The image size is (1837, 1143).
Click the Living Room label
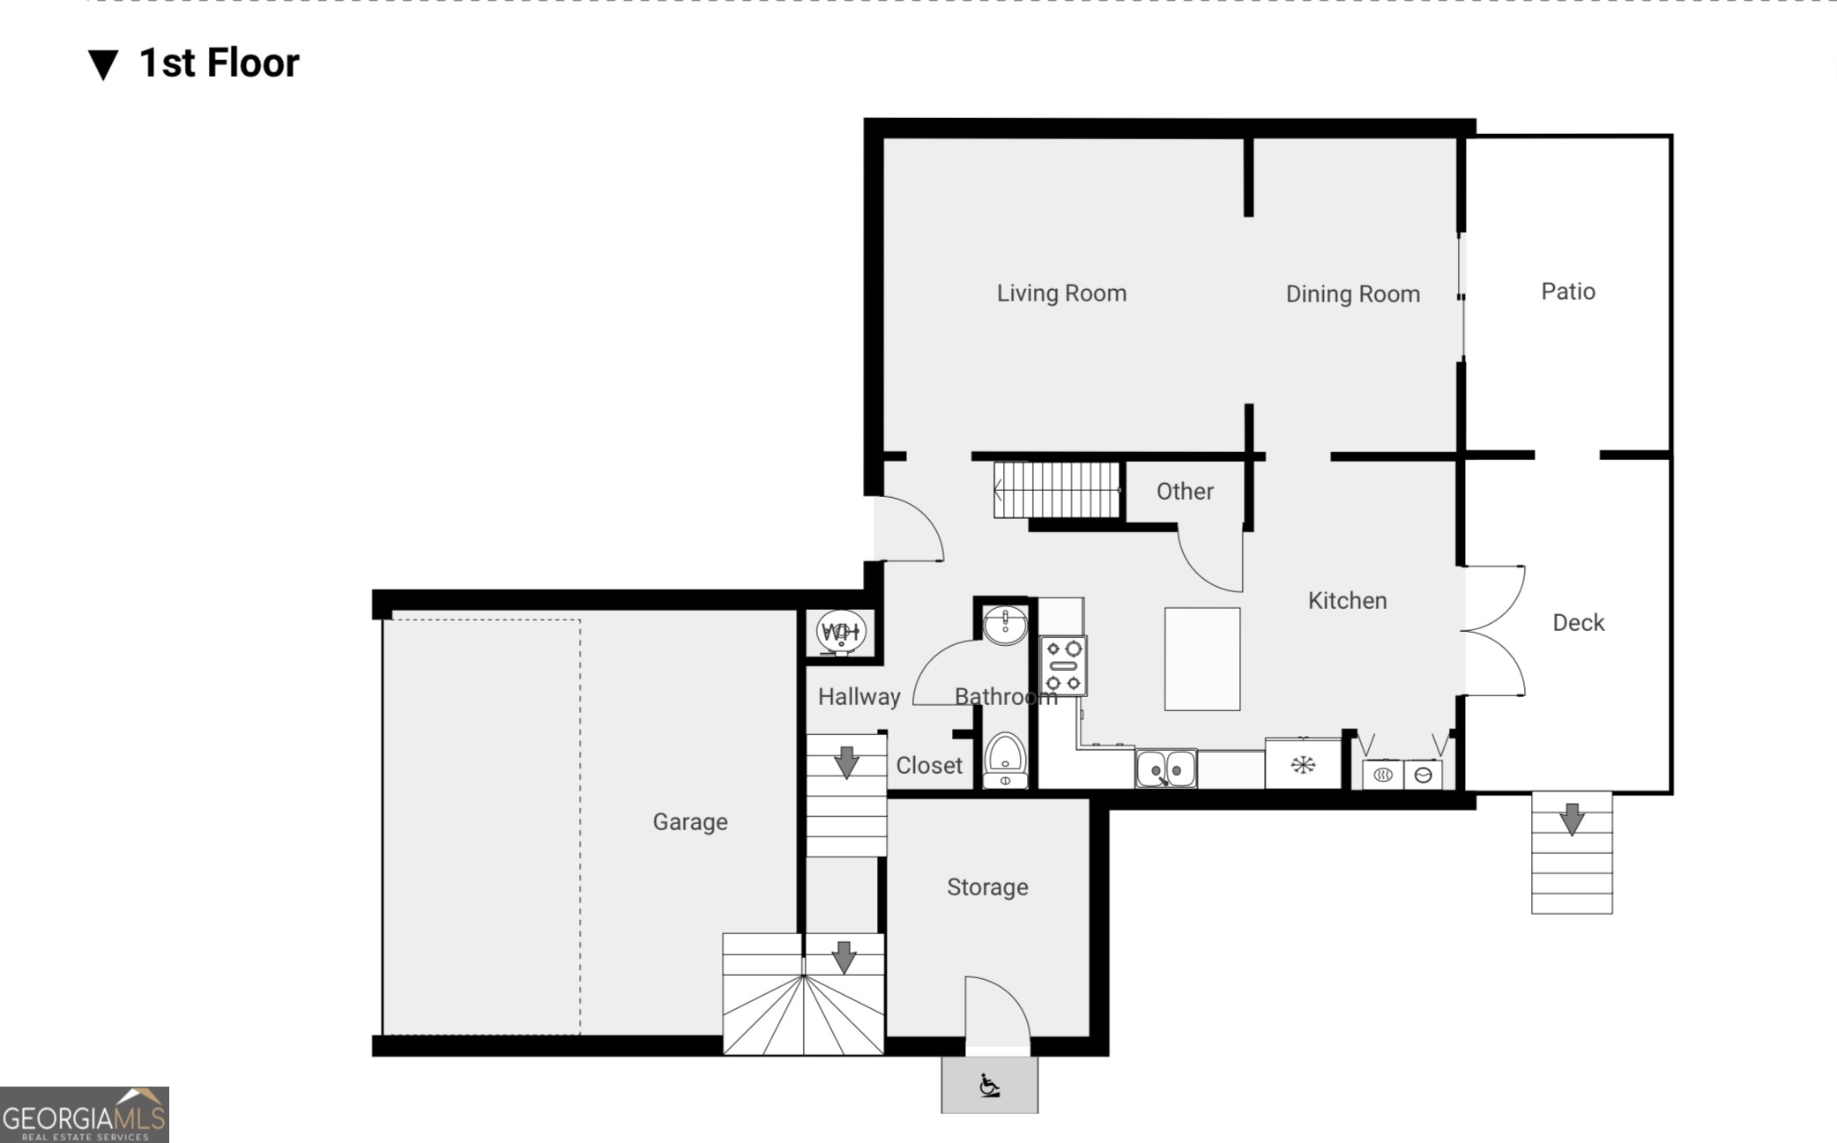click(x=1061, y=293)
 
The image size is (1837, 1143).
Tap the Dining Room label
click(x=1352, y=293)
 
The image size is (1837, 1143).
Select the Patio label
click(x=1567, y=291)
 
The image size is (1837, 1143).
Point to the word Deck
click(x=1578, y=622)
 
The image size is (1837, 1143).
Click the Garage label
click(x=689, y=821)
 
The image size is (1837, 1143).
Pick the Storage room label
click(x=987, y=887)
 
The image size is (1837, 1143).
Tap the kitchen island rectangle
click(x=1201, y=658)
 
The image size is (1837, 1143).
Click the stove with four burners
click(x=1063, y=665)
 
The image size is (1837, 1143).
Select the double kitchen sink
click(x=1165, y=768)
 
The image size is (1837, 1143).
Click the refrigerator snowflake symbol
click(x=1303, y=764)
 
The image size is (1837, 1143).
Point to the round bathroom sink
click(x=1005, y=625)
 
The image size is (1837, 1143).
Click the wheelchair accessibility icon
click(x=989, y=1085)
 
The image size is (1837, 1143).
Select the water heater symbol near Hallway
click(x=841, y=631)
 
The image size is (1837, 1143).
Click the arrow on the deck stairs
click(x=1572, y=820)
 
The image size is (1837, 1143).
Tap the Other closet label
click(x=1185, y=491)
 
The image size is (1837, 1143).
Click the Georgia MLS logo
click(x=85, y=1115)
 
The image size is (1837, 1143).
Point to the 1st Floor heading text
click(x=219, y=63)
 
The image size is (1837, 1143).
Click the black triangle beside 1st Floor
click(x=103, y=64)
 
